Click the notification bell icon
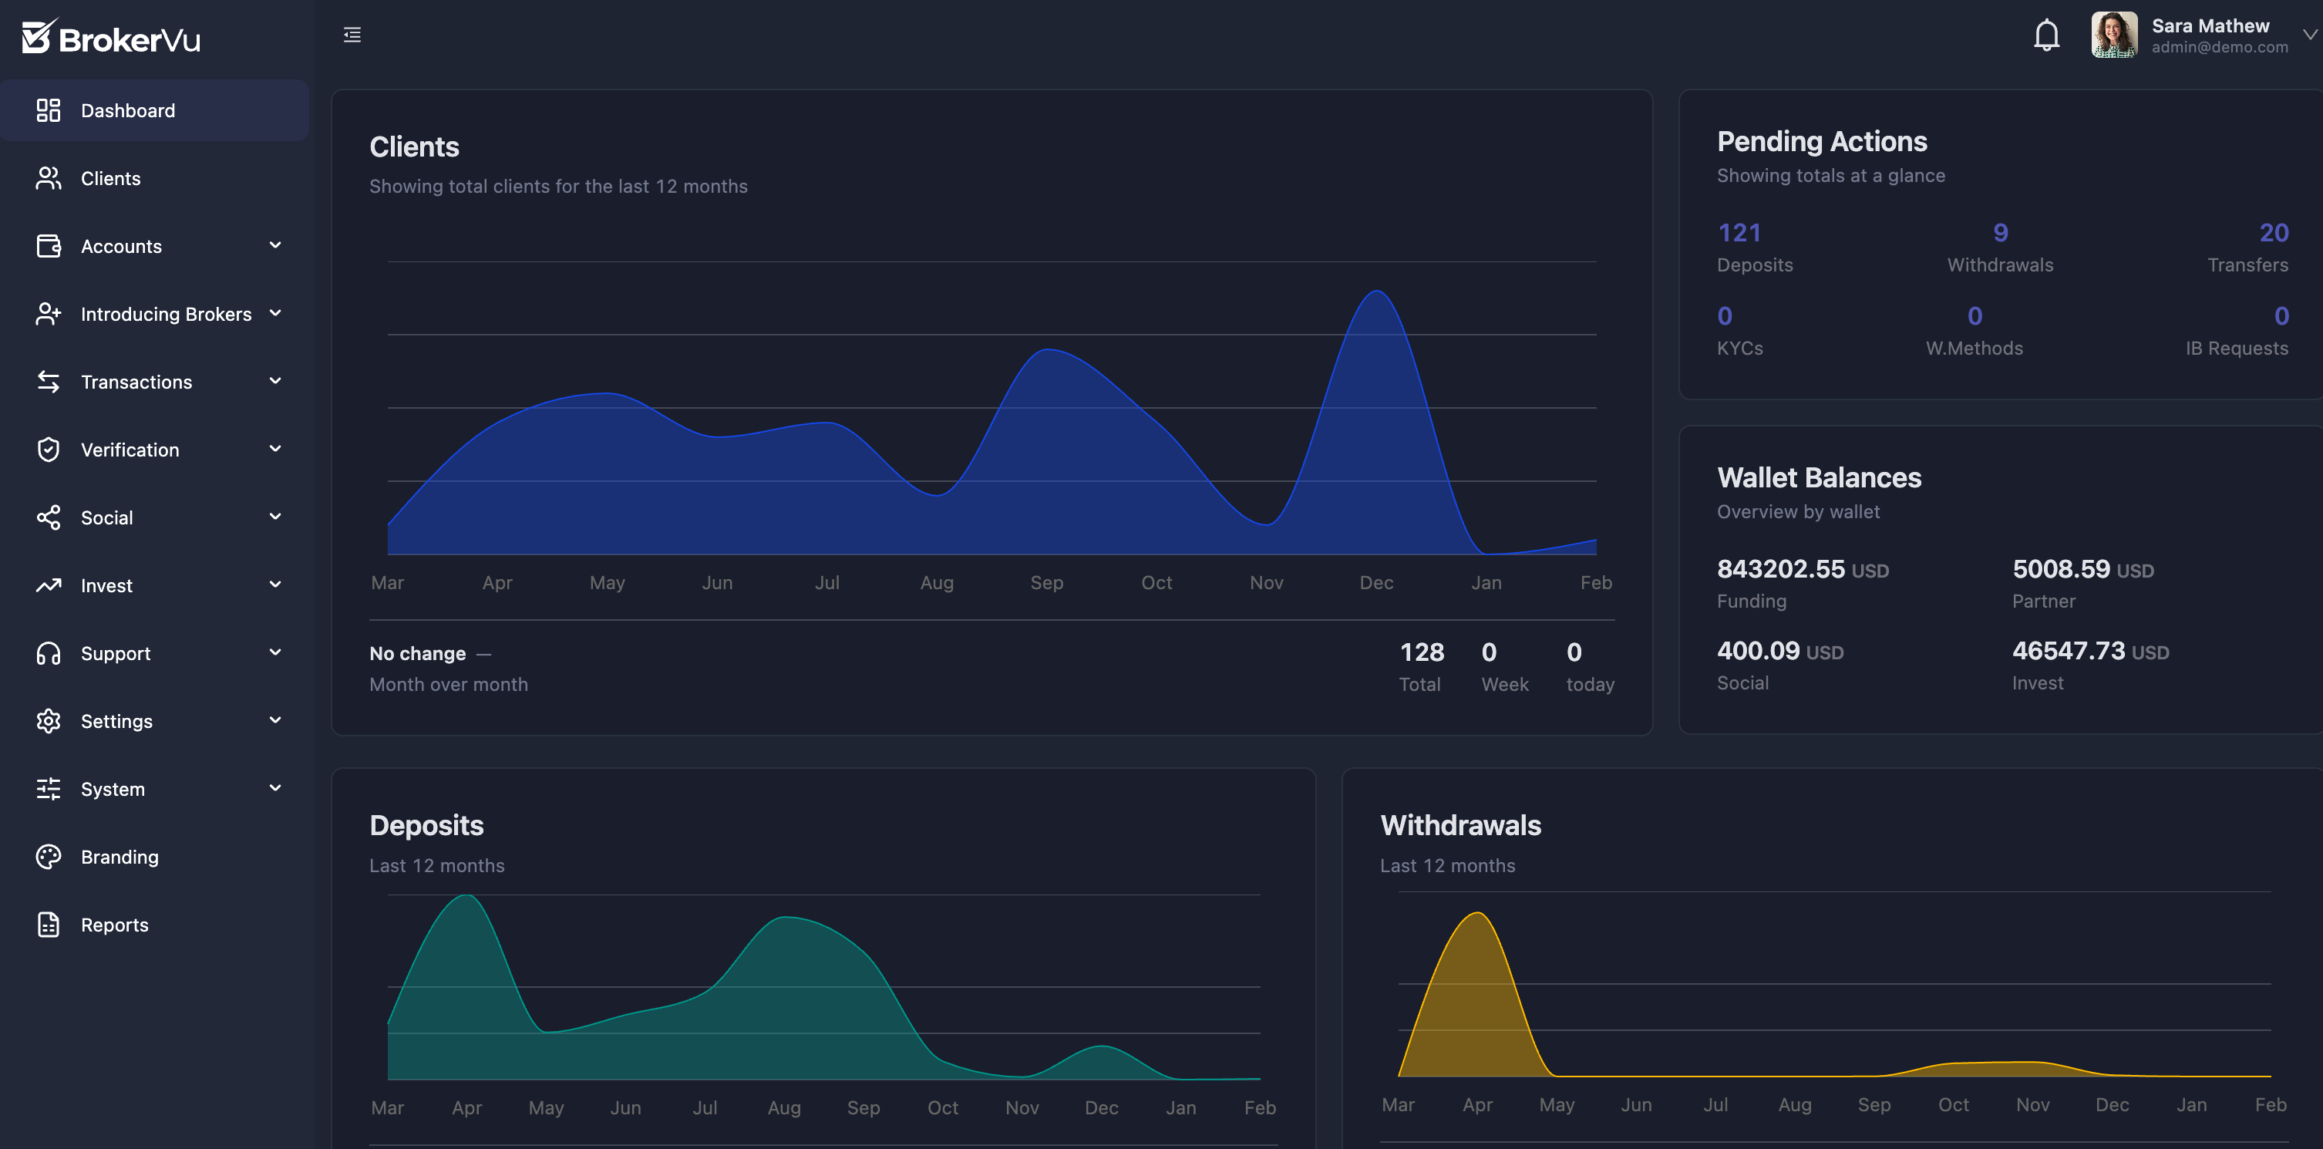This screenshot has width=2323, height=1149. (x=2046, y=35)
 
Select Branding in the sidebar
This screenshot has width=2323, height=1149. (x=119, y=857)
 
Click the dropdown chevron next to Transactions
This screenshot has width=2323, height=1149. (x=275, y=381)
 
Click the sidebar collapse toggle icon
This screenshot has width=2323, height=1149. (x=352, y=35)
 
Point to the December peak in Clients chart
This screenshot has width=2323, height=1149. (x=1377, y=292)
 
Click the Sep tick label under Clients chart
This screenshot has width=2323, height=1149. (x=1046, y=583)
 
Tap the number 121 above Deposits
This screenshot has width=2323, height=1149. (x=1739, y=233)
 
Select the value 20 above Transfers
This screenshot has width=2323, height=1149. (x=2273, y=233)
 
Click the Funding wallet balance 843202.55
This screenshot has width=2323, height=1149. (x=1780, y=569)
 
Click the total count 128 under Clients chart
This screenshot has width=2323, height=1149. (x=1421, y=652)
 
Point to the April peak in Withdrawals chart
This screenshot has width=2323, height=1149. (x=1477, y=915)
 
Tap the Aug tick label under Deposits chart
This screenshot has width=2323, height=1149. (x=783, y=1107)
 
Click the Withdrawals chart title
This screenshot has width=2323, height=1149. (x=1460, y=825)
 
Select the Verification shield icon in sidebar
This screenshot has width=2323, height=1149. (x=48, y=449)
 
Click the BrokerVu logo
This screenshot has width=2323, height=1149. (x=111, y=38)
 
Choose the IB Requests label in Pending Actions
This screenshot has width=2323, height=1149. (x=2236, y=348)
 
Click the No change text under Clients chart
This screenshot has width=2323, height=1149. (x=418, y=653)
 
